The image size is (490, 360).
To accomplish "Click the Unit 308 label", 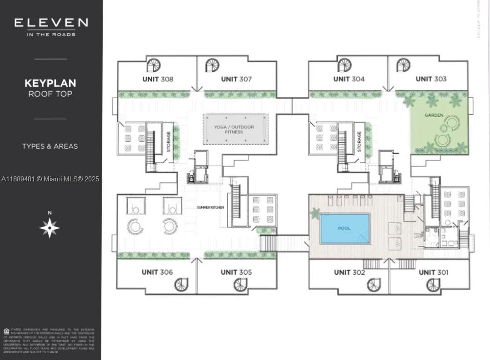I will pos(158,79).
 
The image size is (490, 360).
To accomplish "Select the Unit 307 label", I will pos(236,79).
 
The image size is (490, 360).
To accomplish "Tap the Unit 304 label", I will pos(349,79).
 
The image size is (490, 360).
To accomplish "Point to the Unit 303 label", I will pos(431,79).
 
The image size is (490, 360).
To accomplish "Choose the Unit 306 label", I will pos(157,272).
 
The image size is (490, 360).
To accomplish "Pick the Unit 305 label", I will pos(236,272).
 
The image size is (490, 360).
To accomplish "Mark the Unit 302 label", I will pos(349,272).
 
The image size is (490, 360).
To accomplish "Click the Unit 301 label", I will pos(433,272).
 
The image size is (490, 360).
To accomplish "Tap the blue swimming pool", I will pos(345,228).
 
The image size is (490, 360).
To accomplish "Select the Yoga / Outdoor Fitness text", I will pos(234,130).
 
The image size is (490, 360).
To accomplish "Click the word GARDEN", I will pos(434,115).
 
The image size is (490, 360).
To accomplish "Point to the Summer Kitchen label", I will pos(210,207).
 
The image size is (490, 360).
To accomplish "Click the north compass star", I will pos(50,228).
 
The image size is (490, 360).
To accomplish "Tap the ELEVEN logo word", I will pos(51,23).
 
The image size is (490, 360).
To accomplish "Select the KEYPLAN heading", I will pos(50,83).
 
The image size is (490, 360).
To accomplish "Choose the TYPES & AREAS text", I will pos(50,146).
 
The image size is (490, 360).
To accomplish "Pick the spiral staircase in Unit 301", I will pos(433,285).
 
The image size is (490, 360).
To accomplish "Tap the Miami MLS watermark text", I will pos(50,179).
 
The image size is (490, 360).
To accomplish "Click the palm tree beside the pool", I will pos(315,213).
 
